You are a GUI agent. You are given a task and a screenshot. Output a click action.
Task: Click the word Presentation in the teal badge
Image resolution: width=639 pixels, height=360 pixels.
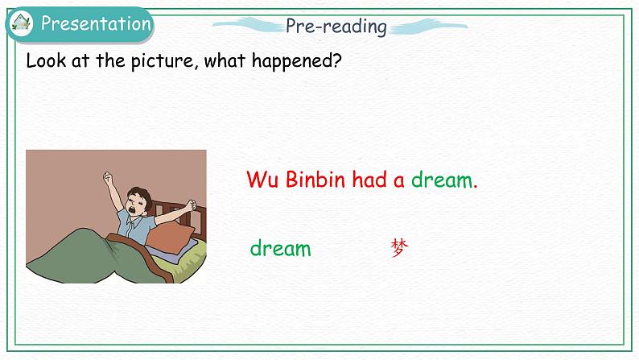tap(95, 23)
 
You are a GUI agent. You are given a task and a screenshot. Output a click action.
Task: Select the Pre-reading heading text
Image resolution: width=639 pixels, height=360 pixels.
tap(336, 26)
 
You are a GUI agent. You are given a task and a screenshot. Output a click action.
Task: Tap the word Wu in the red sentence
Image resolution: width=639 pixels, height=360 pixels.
tap(262, 180)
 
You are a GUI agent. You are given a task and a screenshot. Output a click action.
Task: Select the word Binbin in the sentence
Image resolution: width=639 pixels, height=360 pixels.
tap(315, 180)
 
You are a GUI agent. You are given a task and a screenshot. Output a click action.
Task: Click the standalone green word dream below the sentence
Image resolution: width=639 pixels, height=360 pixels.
tap(280, 248)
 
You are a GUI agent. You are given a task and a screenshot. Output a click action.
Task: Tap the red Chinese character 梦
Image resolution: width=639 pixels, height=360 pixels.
tap(399, 248)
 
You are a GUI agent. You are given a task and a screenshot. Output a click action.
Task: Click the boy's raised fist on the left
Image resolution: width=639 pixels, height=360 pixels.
tap(108, 176)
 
